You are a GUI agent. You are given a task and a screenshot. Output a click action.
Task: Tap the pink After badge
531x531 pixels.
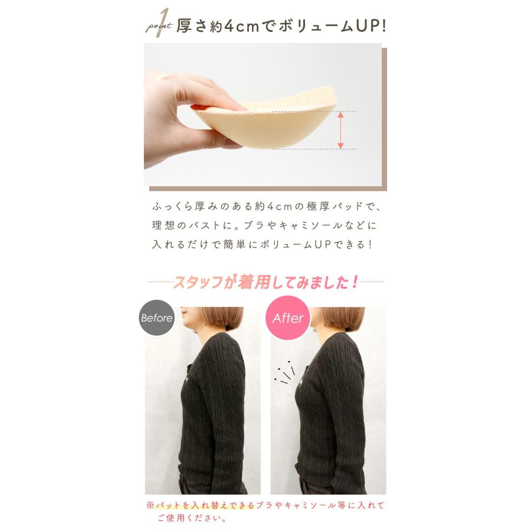pyautogui.click(x=288, y=319)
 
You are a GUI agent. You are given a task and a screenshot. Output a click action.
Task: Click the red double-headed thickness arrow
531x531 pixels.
pyautogui.click(x=340, y=130)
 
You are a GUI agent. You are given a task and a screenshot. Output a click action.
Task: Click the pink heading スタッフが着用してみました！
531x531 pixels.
pyautogui.click(x=265, y=283)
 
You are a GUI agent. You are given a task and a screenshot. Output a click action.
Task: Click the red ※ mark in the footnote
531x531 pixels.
pyautogui.click(x=150, y=506)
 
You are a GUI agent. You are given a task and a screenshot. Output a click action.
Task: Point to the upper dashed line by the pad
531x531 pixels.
pyautogui.click(x=313, y=111)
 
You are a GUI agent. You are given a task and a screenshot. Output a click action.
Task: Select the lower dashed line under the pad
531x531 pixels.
pyautogui.click(x=313, y=149)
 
